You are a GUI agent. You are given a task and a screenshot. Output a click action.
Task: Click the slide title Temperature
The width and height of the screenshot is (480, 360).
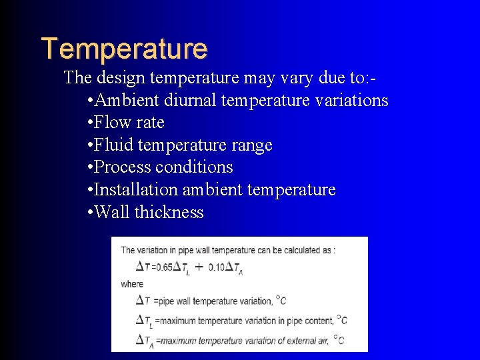tap(124, 49)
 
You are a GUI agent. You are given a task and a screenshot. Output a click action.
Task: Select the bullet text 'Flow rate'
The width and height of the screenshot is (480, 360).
tap(129, 123)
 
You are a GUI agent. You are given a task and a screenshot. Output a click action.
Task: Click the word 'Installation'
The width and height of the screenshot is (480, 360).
tap(136, 190)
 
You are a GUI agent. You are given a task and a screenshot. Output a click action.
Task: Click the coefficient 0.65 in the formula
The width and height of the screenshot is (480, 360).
tap(163, 267)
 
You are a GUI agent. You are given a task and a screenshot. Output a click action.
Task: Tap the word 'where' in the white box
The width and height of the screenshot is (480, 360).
tap(132, 283)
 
